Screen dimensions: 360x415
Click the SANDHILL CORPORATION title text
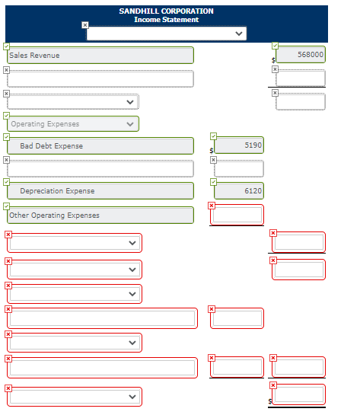(166, 11)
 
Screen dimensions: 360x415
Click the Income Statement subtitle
(166, 20)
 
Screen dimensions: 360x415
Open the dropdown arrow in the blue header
(239, 34)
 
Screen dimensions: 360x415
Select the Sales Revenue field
(100, 56)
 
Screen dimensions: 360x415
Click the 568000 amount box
(301, 55)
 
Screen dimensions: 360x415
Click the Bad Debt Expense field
(100, 146)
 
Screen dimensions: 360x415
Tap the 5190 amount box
(239, 145)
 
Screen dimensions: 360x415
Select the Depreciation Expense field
(100, 191)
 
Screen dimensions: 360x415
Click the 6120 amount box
(239, 190)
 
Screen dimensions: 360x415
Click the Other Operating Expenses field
(100, 215)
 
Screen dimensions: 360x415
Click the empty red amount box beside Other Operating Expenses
(237, 215)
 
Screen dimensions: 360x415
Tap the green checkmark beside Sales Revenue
(6, 46)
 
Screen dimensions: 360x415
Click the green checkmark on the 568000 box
(275, 46)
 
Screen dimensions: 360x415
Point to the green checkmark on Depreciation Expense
(6, 182)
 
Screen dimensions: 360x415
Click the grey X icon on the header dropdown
(84, 25)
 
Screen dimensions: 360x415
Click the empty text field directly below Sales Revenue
(100, 78)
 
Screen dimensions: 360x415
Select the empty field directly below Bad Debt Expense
(100, 168)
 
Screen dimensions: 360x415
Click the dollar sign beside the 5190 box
(212, 151)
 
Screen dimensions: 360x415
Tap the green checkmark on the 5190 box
(213, 136)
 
